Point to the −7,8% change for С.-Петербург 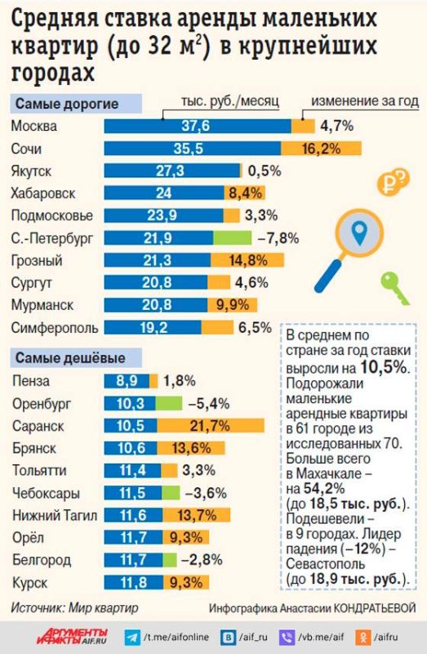[x=278, y=238]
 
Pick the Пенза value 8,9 [x=126, y=381]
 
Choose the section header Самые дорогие [x=66, y=104]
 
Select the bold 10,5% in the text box [x=383, y=367]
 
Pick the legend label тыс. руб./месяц [x=229, y=101]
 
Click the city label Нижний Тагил [x=50, y=515]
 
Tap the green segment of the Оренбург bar [x=169, y=403]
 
